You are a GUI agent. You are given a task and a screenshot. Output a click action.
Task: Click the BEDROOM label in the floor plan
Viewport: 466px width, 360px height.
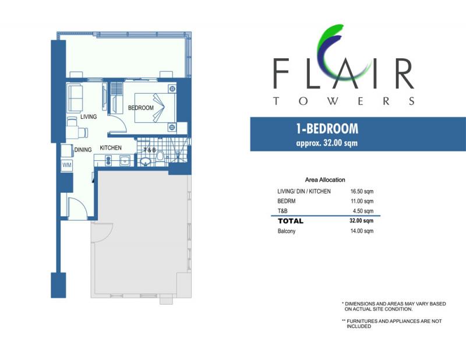(x=141, y=108)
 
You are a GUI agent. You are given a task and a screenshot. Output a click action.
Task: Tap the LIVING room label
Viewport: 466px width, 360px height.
(x=89, y=117)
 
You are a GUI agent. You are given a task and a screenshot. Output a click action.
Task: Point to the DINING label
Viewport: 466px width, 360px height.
(x=83, y=150)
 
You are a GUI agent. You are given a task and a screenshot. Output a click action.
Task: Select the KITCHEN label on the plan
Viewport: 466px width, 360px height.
(x=111, y=148)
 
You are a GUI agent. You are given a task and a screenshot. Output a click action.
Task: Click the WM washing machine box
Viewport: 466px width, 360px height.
(x=67, y=165)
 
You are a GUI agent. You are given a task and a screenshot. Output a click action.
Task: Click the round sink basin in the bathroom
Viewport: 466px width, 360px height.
(x=146, y=162)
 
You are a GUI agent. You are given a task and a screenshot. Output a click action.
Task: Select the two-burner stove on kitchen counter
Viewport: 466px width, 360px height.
(x=108, y=161)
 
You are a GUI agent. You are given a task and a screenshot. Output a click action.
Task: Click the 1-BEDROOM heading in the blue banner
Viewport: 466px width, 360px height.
(x=327, y=129)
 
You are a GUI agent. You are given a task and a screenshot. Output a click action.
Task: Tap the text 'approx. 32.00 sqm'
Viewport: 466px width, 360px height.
(x=327, y=143)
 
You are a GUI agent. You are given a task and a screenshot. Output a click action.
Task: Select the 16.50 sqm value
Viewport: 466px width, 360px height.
(x=362, y=192)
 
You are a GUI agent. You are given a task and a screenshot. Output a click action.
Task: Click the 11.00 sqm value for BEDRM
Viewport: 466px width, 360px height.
(x=362, y=201)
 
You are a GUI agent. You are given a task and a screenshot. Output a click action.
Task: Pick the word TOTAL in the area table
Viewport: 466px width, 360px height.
(x=291, y=221)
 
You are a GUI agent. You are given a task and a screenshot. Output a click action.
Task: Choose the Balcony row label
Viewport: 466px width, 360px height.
(x=287, y=231)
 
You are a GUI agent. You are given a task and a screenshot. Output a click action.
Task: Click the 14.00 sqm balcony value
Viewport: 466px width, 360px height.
(x=362, y=231)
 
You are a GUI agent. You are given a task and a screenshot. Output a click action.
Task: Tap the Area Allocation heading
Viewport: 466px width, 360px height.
(x=325, y=179)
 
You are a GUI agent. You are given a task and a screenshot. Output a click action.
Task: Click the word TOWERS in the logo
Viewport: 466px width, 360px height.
(x=344, y=101)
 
